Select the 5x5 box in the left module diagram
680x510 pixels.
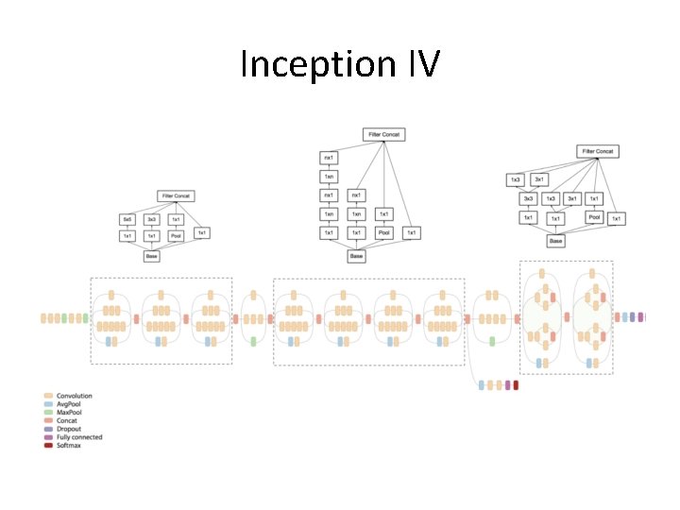pyautogui.click(x=127, y=219)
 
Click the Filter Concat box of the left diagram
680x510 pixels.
pyautogui.click(x=175, y=195)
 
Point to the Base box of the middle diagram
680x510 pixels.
pyautogui.click(x=356, y=256)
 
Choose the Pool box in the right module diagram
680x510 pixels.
pyautogui.click(x=593, y=217)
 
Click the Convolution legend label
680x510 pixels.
pyautogui.click(x=74, y=396)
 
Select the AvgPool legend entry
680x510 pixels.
pyautogui.click(x=69, y=404)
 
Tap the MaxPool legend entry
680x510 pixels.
pyautogui.click(x=70, y=413)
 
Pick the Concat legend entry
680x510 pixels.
pyautogui.click(x=67, y=420)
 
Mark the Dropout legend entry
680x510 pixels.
pyautogui.click(x=69, y=429)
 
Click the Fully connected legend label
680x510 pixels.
pyautogui.click(x=78, y=437)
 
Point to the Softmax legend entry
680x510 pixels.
pyautogui.click(x=69, y=445)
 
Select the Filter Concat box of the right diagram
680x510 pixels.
pyautogui.click(x=597, y=151)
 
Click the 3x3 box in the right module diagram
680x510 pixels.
pyautogui.click(x=528, y=198)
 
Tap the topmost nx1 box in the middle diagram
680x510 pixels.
pyautogui.click(x=329, y=157)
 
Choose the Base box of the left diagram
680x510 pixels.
pyautogui.click(x=151, y=256)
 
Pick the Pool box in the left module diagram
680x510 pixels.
pyautogui.click(x=176, y=236)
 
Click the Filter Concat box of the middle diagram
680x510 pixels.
pyautogui.click(x=383, y=135)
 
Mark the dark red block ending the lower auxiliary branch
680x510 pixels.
pyautogui.click(x=516, y=385)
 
